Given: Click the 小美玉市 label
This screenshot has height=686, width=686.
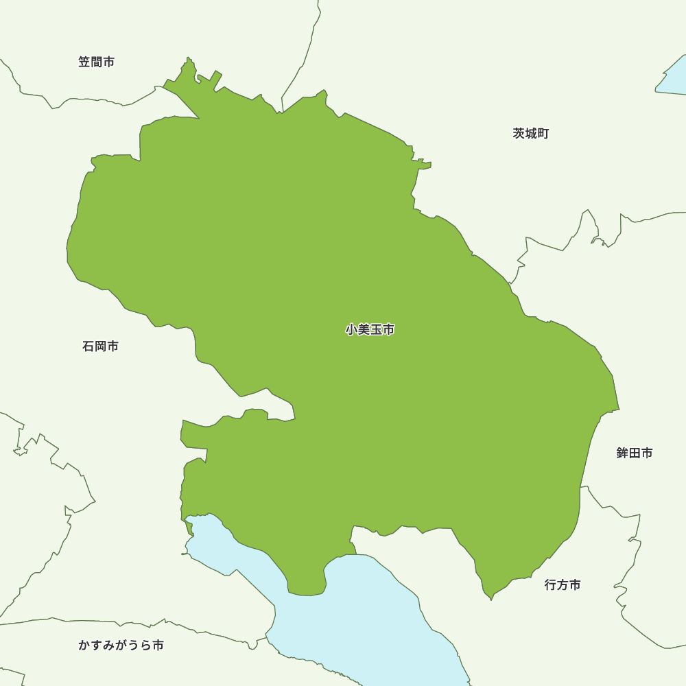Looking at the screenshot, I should (370, 330).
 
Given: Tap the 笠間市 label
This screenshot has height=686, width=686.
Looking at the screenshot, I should (96, 62).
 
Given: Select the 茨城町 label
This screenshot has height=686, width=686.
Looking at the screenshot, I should (530, 133).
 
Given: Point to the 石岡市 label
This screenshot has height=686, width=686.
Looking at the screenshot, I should (100, 346).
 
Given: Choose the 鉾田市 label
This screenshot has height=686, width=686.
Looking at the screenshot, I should (634, 453).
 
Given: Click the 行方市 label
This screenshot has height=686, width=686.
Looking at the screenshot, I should (563, 585).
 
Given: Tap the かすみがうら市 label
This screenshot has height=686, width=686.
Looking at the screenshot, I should (121, 646).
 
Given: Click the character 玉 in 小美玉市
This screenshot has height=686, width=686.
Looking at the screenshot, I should (377, 330).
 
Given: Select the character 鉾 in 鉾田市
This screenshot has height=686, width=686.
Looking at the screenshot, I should (622, 453).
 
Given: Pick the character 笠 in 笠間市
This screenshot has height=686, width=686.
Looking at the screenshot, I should (84, 62).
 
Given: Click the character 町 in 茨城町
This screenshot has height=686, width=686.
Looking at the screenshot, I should (543, 133).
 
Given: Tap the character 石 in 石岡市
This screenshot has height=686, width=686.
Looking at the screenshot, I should (88, 346).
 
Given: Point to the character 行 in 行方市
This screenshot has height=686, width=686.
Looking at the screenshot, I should (551, 585).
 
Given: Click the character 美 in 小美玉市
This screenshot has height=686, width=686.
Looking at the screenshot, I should (364, 330).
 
